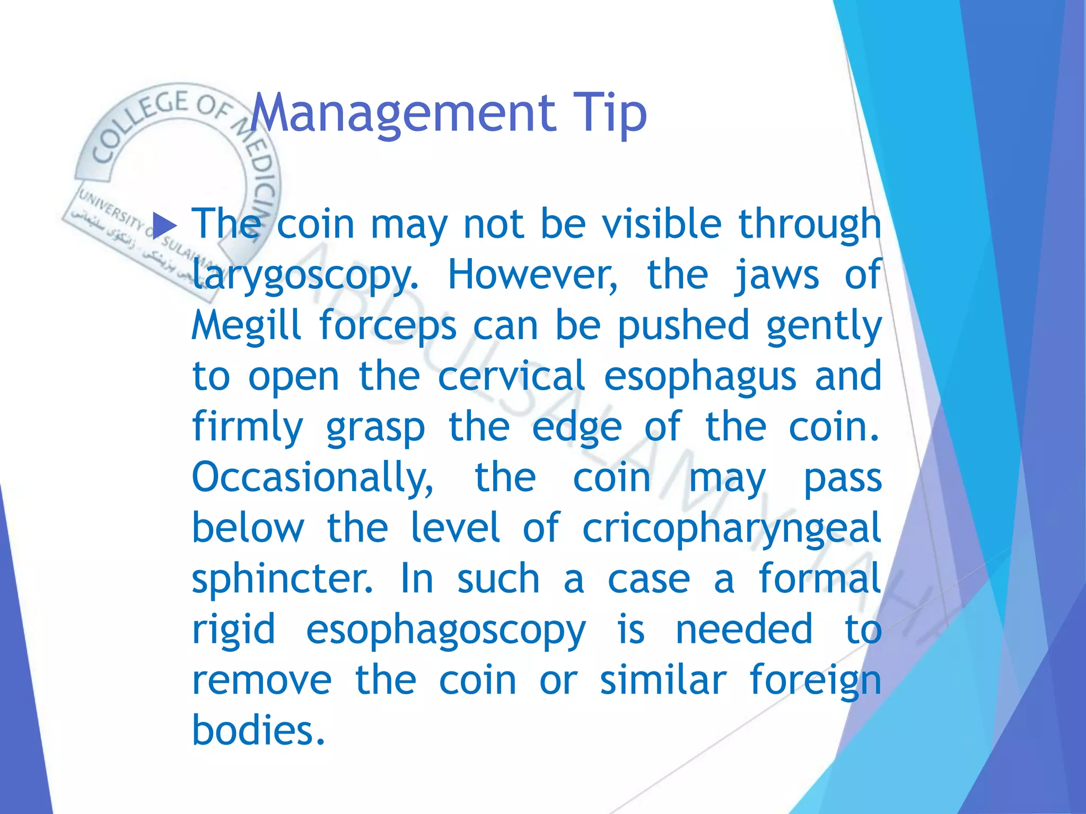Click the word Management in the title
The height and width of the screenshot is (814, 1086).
pyautogui.click(x=403, y=113)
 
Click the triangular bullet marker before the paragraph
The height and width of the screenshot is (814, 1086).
pyautogui.click(x=164, y=226)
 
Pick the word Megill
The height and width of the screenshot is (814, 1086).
pyautogui.click(x=247, y=325)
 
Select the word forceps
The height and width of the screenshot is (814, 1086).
pyautogui.click(x=388, y=325)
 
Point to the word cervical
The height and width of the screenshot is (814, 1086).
pyautogui.click(x=512, y=376)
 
